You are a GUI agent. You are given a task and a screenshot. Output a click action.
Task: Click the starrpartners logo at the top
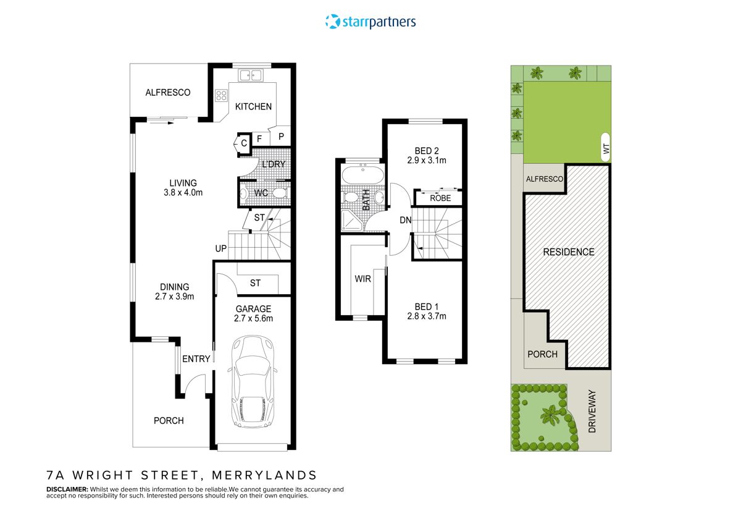371,22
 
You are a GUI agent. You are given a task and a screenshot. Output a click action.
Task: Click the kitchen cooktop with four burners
221,96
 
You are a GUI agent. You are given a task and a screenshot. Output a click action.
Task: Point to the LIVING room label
183,183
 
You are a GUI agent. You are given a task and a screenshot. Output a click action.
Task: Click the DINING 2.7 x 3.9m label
174,291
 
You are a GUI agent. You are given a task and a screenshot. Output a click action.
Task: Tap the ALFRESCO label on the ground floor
168,93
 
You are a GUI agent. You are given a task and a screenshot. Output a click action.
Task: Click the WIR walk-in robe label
362,279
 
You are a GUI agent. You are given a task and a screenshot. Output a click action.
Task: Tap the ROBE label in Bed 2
440,198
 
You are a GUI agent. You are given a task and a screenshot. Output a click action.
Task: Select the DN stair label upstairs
406,219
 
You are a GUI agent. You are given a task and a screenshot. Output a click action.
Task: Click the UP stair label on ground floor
220,248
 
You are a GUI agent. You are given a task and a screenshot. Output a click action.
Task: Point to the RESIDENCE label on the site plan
569,252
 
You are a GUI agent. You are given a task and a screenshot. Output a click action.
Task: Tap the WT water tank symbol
605,148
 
